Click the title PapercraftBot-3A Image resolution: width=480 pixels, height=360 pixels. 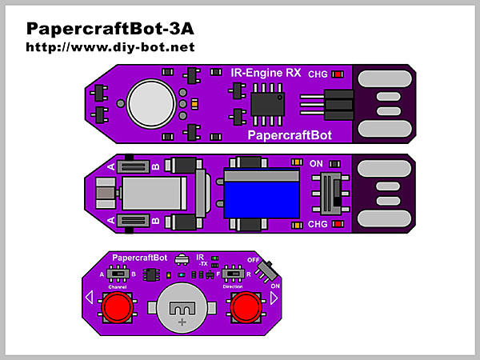click(110, 29)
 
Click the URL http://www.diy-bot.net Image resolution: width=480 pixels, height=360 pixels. click(110, 47)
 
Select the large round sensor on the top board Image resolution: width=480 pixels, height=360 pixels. click(153, 102)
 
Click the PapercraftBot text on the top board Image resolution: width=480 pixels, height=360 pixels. click(290, 134)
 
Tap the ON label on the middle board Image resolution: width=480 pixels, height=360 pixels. click(316, 166)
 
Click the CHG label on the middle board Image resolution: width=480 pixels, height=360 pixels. click(318, 224)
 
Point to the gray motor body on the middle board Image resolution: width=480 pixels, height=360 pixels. click(153, 194)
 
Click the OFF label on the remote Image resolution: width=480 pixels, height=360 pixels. click(253, 259)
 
